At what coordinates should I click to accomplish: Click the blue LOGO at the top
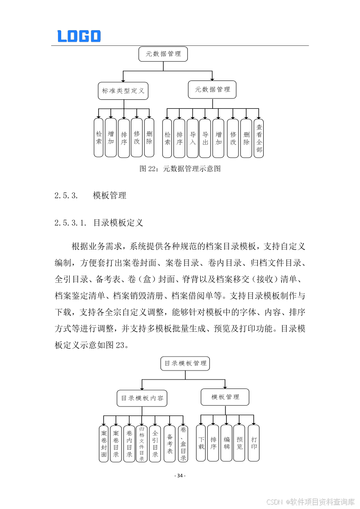79,36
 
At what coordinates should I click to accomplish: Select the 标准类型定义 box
123,90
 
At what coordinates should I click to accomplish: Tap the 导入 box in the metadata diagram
193,138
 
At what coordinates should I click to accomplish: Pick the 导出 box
205,138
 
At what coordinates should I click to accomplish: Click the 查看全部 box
259,138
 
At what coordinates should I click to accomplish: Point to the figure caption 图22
180,169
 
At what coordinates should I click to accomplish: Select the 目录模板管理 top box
185,363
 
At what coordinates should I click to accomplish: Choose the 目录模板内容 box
142,398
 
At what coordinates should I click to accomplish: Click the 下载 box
201,443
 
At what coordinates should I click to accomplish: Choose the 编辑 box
226,443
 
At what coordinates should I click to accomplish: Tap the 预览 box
239,443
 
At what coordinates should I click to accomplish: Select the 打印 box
254,443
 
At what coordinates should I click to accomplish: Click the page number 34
180,476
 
